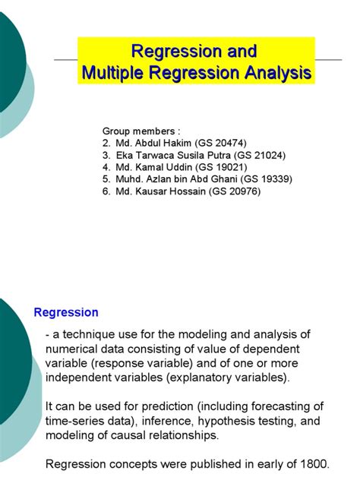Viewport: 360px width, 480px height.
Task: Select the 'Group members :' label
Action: (x=141, y=131)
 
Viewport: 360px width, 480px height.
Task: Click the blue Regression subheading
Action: (x=66, y=312)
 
